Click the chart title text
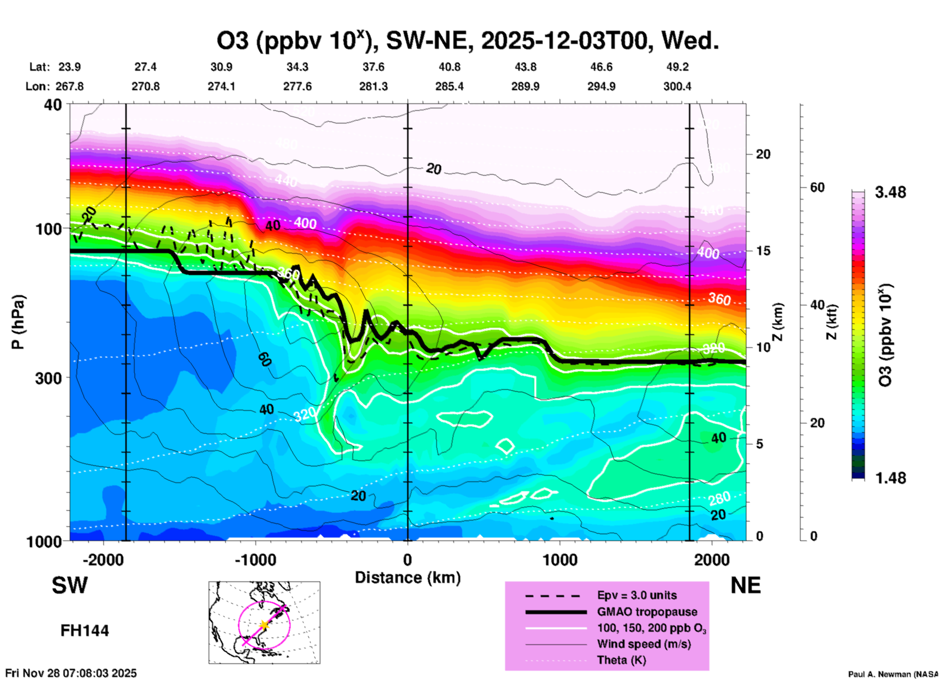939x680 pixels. [x=468, y=41]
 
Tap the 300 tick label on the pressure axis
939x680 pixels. [x=49, y=378]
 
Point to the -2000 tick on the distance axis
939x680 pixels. [x=103, y=560]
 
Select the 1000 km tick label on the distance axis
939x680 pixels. [x=560, y=560]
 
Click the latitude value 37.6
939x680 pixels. [x=373, y=67]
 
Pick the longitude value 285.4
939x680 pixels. [x=449, y=86]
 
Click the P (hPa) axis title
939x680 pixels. [x=18, y=322]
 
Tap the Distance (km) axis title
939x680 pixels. [x=408, y=578]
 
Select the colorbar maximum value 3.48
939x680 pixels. [x=890, y=193]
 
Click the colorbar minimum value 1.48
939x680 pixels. [x=890, y=478]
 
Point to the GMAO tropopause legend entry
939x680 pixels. [x=647, y=612]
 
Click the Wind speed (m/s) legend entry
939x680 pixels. [x=644, y=644]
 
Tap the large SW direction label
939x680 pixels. [x=70, y=585]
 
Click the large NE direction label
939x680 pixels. [x=745, y=585]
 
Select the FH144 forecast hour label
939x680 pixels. [x=84, y=631]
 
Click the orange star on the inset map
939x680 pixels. [x=264, y=624]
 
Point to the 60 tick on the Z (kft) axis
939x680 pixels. [x=817, y=187]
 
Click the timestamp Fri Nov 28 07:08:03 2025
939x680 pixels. [x=71, y=673]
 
